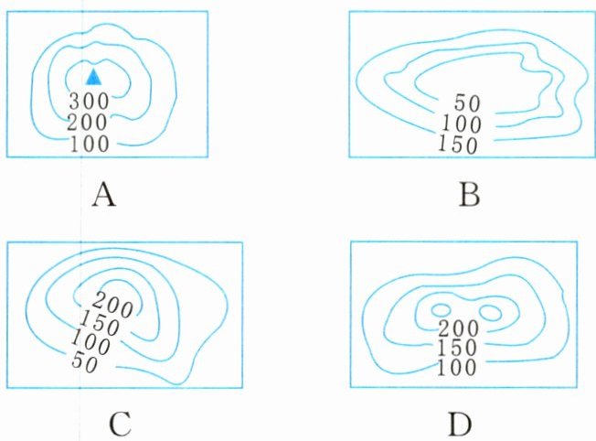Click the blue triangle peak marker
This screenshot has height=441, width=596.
click(x=91, y=77)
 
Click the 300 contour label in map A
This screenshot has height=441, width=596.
click(x=89, y=100)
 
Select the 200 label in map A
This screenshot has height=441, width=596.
click(x=89, y=121)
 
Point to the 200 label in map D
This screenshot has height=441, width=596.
click(x=458, y=328)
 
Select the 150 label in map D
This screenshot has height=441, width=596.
click(x=458, y=349)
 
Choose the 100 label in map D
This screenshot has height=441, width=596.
click(x=458, y=368)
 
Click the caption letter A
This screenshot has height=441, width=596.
click(x=103, y=195)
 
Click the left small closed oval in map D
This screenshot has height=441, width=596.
click(x=442, y=310)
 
